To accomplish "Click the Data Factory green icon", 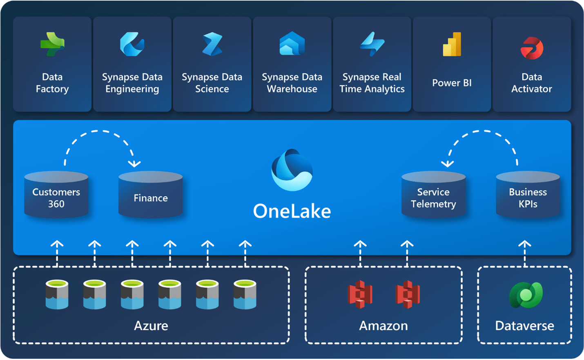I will coord(52,44).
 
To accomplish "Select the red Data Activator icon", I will coord(532,48).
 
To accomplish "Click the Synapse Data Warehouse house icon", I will coord(292,44).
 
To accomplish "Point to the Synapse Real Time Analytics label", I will coord(372,83).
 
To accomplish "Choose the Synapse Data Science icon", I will coord(212,44).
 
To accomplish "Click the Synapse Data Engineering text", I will coord(132,83).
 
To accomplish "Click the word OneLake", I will coord(292,211).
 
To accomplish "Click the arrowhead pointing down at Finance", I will coord(134,164).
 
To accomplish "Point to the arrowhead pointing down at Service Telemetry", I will coord(448,164).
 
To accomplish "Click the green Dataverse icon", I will coord(526,295).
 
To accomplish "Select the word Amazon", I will coord(383,326).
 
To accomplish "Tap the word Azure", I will coord(151,326).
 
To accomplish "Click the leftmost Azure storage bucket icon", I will coord(57,294).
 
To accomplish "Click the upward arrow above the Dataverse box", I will coord(525,245).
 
